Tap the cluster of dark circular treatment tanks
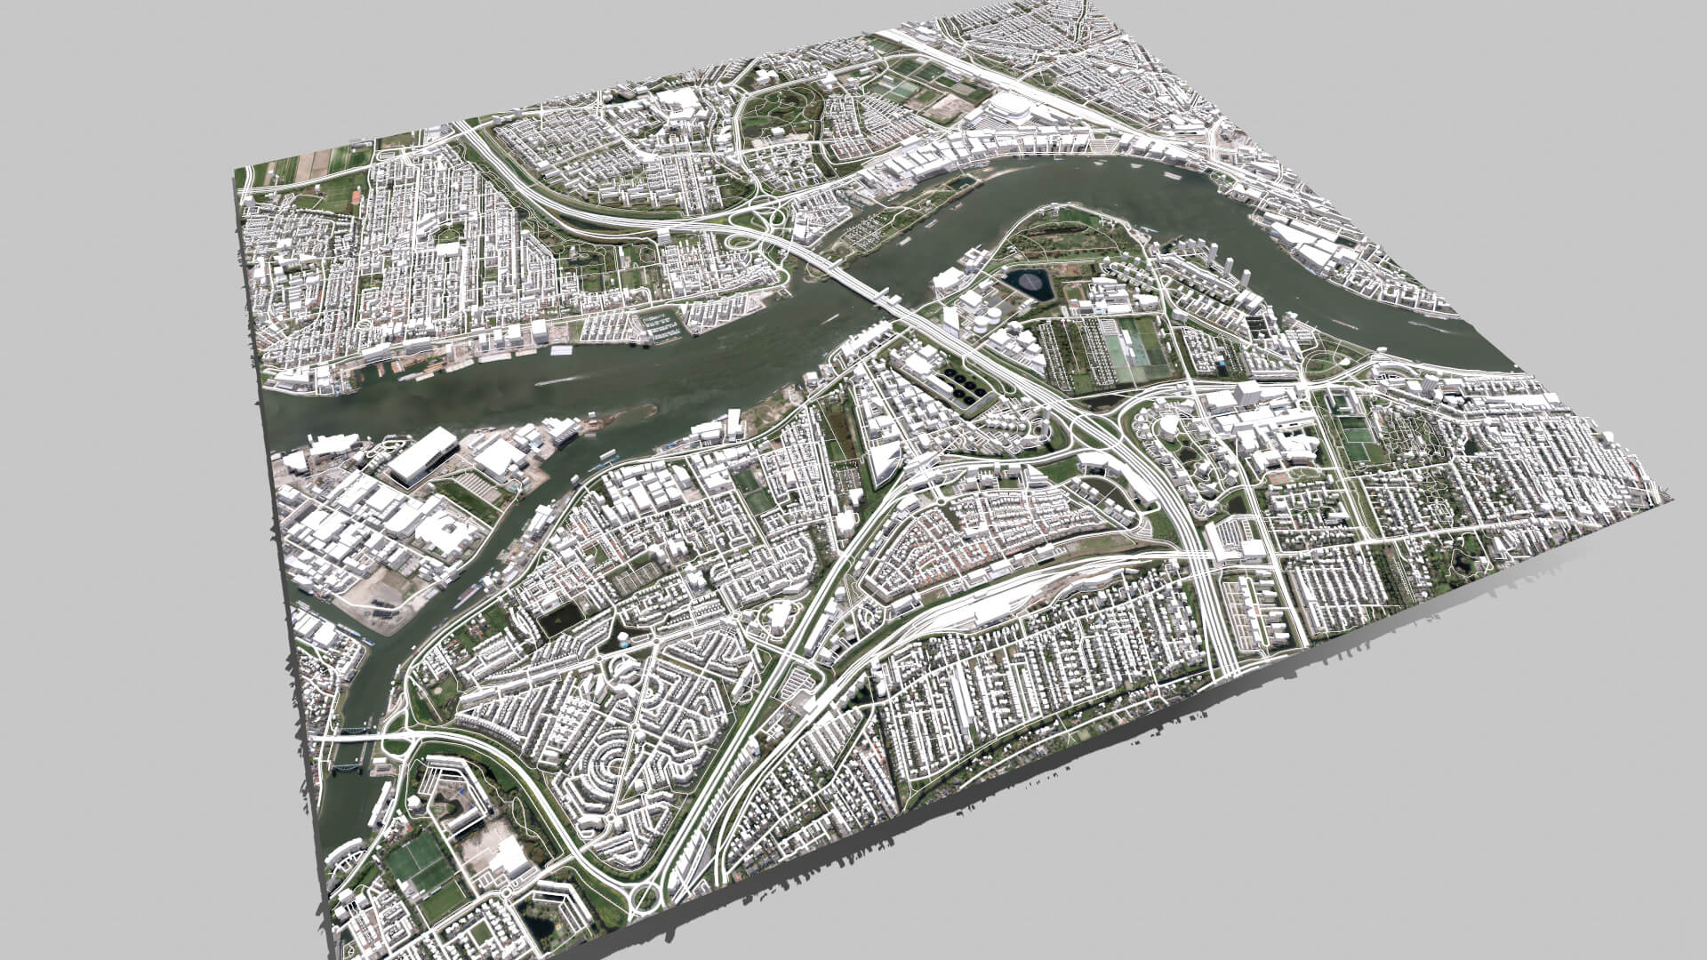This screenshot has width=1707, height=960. point(965,386)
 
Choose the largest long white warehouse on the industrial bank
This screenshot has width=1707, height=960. point(423,455)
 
